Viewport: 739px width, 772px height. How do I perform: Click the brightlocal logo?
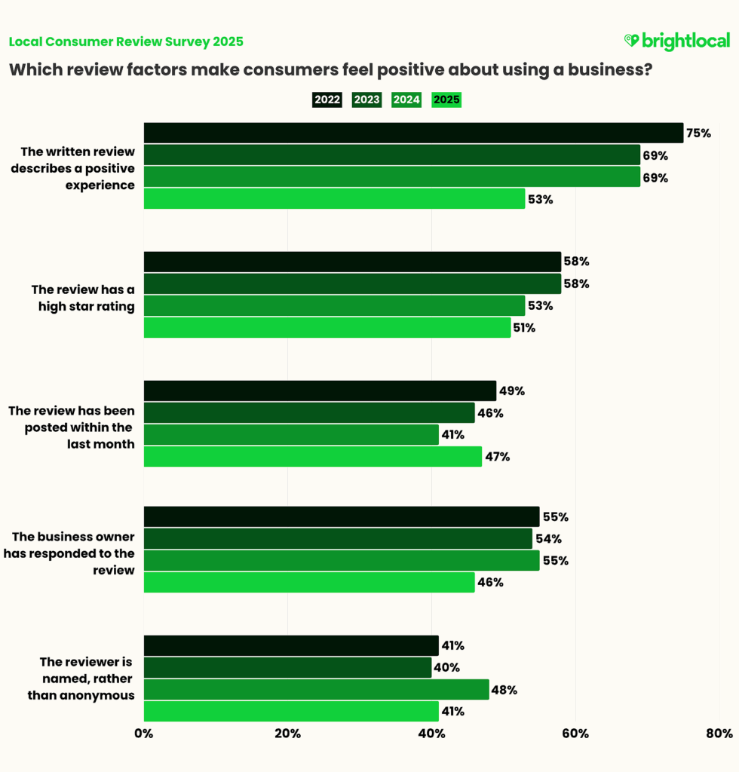(x=676, y=41)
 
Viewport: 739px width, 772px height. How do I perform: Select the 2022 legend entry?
(x=327, y=100)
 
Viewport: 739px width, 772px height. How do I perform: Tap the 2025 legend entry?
(x=446, y=100)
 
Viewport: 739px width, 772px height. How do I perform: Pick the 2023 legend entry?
(x=366, y=100)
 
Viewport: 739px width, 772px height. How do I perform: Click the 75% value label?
(x=698, y=133)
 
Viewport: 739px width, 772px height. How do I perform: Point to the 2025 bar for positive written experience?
(x=334, y=199)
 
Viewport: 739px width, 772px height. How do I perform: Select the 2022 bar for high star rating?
(x=352, y=262)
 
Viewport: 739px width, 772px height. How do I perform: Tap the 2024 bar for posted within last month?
(x=291, y=434)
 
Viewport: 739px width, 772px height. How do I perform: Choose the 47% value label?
(x=497, y=457)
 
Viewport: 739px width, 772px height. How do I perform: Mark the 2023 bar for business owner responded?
(x=338, y=538)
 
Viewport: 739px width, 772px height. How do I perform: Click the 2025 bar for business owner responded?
(x=309, y=582)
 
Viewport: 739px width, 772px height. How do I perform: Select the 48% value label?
(x=504, y=690)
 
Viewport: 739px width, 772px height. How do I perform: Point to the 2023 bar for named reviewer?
(x=287, y=667)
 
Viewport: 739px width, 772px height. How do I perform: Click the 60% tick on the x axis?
(x=575, y=734)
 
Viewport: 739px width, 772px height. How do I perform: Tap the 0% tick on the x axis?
(x=143, y=734)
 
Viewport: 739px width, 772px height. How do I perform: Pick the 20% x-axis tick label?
(x=287, y=734)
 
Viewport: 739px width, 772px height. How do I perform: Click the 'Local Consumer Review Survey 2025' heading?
(x=126, y=41)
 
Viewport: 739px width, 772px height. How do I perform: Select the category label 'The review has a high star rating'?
(x=82, y=298)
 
